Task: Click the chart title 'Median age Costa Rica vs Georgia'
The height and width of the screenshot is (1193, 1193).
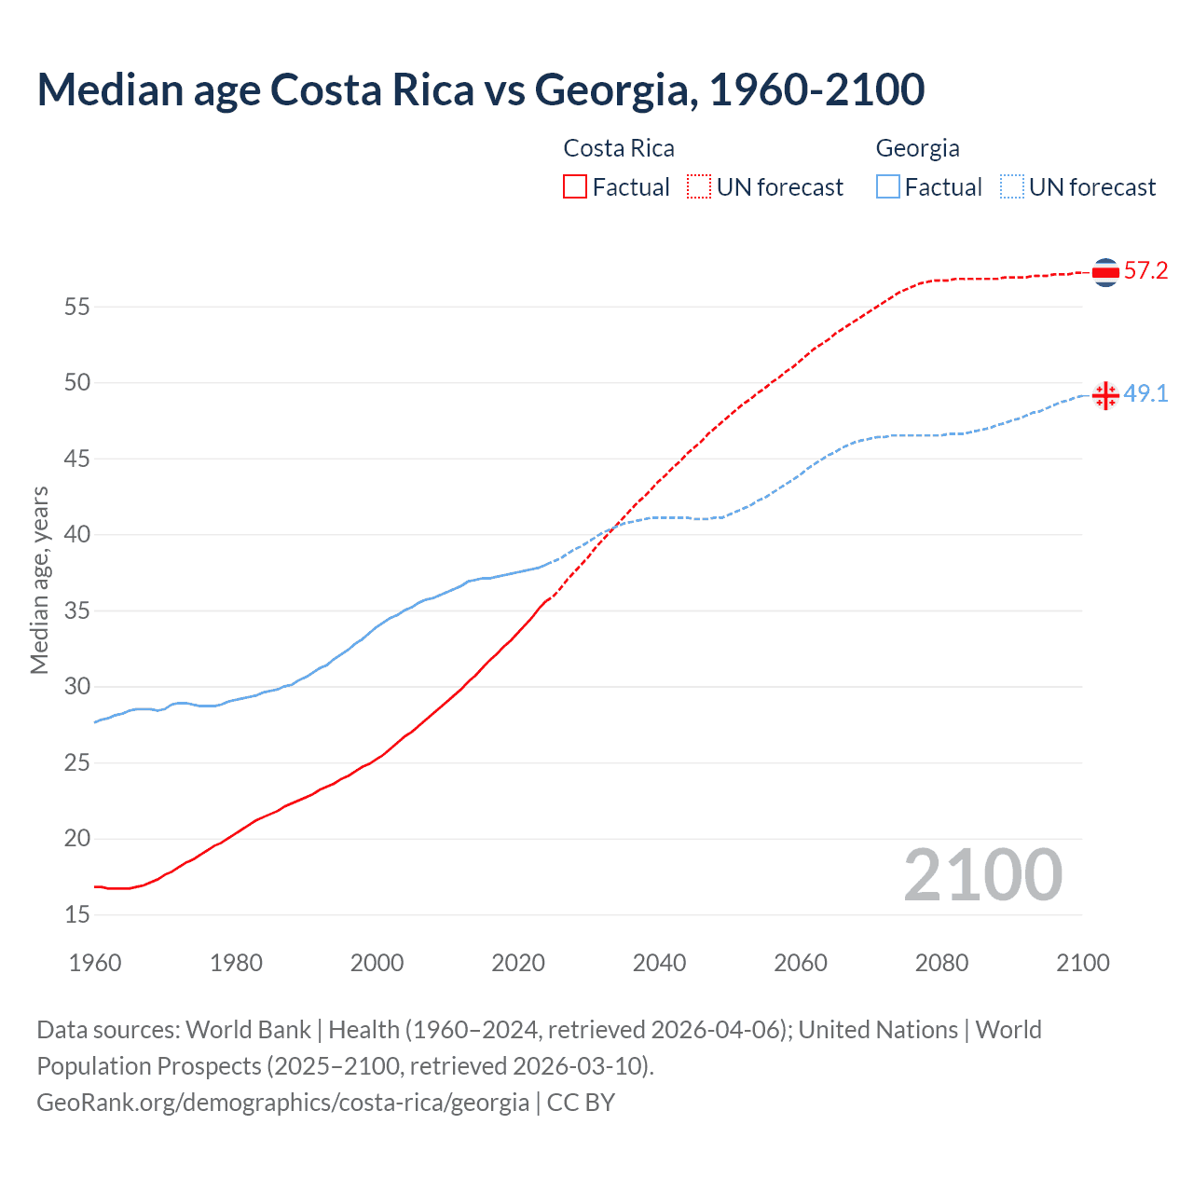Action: click(480, 89)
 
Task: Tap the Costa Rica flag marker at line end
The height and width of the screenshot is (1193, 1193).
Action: click(1105, 272)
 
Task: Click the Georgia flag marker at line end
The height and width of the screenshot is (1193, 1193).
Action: click(1105, 395)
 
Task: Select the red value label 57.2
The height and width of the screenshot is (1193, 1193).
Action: click(1145, 271)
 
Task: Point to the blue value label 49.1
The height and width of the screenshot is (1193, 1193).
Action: click(1145, 394)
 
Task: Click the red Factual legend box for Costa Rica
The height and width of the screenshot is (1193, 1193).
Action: click(575, 187)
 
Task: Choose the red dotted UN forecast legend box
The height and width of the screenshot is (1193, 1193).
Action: click(699, 187)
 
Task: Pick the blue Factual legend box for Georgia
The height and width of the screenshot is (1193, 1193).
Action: click(888, 187)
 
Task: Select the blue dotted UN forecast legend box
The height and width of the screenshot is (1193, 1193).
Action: click(1011, 187)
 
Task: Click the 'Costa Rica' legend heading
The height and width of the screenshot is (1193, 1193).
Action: click(619, 148)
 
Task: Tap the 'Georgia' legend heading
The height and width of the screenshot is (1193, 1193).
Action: click(917, 148)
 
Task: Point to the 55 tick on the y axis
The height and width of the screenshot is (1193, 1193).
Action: click(77, 307)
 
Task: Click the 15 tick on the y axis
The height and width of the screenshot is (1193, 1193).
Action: click(77, 915)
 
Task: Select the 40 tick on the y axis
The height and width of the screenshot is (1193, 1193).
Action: click(77, 535)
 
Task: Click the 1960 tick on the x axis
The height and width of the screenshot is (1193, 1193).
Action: click(95, 963)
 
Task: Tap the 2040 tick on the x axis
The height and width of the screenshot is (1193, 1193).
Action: click(659, 963)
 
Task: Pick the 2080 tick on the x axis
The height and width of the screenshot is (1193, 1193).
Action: click(941, 963)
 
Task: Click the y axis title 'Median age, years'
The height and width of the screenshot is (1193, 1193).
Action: click(39, 580)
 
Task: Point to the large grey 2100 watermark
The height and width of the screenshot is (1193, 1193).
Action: click(982, 874)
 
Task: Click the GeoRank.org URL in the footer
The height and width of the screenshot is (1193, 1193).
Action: click(282, 1103)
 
